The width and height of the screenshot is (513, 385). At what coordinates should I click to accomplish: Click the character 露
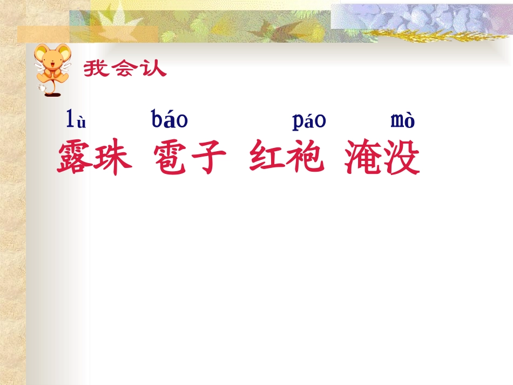[x=76, y=157]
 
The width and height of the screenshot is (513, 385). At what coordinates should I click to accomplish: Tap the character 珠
[x=113, y=157]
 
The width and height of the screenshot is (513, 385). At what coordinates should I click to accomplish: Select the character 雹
[x=171, y=157]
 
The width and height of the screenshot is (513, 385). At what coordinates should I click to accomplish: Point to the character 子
[x=208, y=157]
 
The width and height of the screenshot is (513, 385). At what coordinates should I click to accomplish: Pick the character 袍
[x=306, y=157]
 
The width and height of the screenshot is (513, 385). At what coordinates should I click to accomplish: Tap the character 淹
[x=363, y=157]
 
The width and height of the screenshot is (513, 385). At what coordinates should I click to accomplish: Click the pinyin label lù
[x=76, y=119]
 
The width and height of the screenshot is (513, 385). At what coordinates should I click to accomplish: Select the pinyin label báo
[x=170, y=119]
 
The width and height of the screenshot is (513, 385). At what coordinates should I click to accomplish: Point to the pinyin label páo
[x=309, y=120]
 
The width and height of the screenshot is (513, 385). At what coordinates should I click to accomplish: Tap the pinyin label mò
[x=402, y=120]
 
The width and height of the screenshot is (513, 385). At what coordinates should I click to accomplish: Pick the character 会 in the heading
[x=124, y=69]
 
